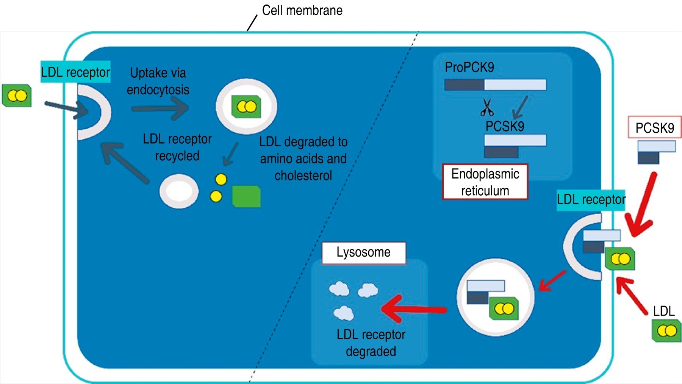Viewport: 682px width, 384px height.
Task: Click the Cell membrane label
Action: click(x=302, y=10)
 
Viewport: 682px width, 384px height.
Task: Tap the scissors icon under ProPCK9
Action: click(x=487, y=107)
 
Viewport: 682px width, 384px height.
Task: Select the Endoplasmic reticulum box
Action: click(x=485, y=182)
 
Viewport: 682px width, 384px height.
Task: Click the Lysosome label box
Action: click(x=364, y=252)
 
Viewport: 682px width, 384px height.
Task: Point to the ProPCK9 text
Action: click(x=469, y=67)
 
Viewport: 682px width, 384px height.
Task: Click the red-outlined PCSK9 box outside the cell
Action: click(x=654, y=127)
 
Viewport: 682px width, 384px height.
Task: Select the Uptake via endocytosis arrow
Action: click(x=160, y=108)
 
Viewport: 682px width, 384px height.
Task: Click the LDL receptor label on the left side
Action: click(x=75, y=72)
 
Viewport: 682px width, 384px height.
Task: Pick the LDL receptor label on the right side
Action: click(x=591, y=200)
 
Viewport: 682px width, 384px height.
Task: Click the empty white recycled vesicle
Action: click(x=179, y=191)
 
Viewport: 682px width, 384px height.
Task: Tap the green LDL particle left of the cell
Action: click(x=17, y=96)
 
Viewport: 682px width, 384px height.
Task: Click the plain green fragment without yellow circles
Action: click(x=246, y=196)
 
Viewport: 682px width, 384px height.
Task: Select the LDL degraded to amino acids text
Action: click(x=303, y=158)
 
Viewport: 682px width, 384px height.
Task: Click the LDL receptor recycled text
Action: click(x=177, y=147)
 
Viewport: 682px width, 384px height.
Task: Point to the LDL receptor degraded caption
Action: click(x=371, y=343)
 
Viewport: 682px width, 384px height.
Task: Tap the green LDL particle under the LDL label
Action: click(x=666, y=331)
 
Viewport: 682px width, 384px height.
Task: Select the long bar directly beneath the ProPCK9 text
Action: click(x=495, y=85)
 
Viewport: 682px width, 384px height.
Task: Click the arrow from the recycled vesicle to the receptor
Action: click(x=125, y=162)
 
